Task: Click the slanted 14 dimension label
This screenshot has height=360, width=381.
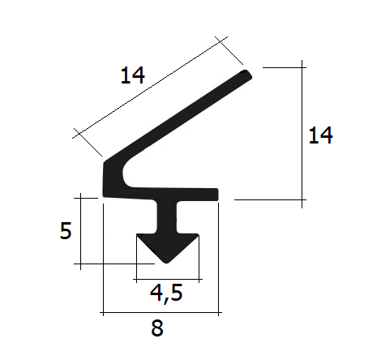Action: point(132,75)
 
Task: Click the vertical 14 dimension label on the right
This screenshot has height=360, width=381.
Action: point(321,135)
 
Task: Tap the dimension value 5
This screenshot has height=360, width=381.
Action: point(66,230)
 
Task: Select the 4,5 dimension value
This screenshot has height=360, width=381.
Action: point(166,294)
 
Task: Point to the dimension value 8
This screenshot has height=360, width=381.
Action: point(157,328)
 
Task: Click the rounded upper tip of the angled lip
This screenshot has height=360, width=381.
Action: point(246,75)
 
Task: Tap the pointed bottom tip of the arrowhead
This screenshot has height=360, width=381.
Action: point(167,262)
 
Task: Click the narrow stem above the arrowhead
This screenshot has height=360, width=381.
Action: point(167,217)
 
